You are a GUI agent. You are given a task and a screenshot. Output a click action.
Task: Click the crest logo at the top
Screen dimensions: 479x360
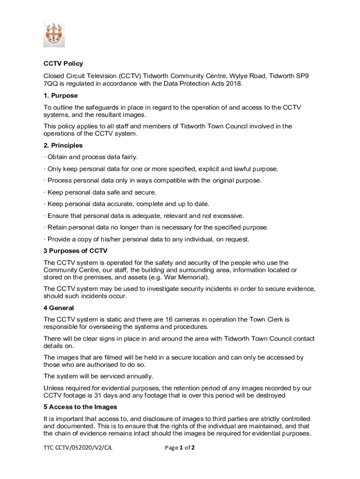click(x=54, y=34)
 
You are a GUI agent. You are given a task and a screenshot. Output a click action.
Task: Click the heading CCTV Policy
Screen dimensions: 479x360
click(x=63, y=64)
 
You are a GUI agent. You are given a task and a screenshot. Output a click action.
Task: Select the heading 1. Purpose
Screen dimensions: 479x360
click(x=61, y=95)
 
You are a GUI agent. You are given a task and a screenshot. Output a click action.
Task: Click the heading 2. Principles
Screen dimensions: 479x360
click(x=63, y=145)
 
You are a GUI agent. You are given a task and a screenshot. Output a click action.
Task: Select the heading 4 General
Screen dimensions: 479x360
click(x=58, y=308)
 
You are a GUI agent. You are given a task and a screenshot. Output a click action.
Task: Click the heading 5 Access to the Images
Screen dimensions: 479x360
click(x=80, y=407)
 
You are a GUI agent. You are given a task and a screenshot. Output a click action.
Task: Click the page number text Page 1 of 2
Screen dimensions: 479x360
click(x=180, y=448)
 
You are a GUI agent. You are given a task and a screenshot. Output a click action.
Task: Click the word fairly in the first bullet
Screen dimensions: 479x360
click(x=129, y=157)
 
